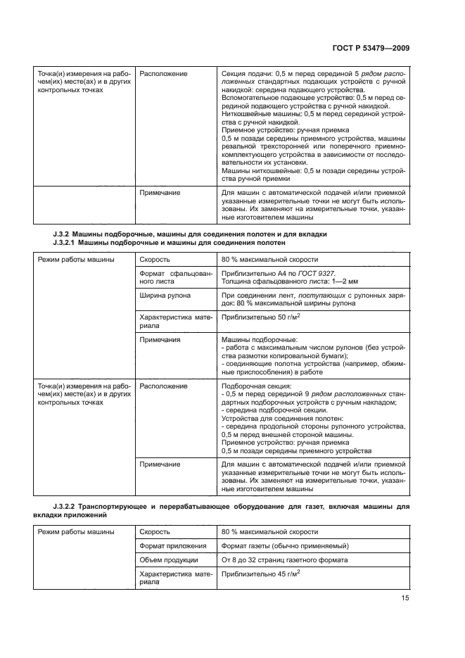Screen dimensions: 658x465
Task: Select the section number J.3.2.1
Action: pyautogui.click(x=68, y=243)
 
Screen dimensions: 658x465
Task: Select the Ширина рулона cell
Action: pyautogui.click(x=165, y=296)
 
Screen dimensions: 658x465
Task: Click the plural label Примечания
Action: pyautogui.click(x=160, y=340)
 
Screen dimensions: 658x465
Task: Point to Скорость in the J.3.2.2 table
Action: pyautogui.click(x=155, y=531)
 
